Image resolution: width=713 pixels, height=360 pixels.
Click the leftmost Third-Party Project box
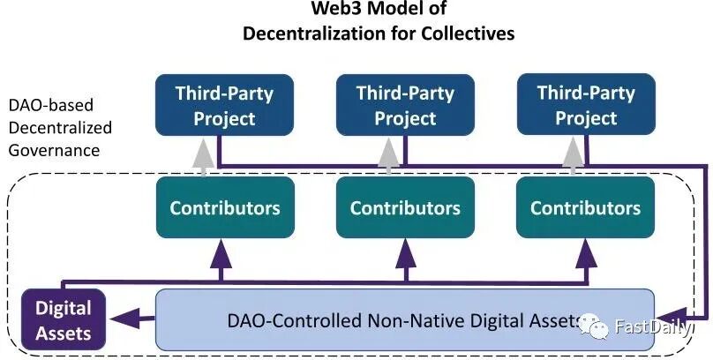tap(215, 105)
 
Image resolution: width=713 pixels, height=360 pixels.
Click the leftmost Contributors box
tap(224, 208)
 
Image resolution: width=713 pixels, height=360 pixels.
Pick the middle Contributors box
tap(405, 208)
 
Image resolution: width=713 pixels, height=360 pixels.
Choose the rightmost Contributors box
tap(585, 208)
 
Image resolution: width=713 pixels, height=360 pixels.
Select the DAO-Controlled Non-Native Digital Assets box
tap(405, 319)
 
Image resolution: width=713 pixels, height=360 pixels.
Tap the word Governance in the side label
tap(54, 150)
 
